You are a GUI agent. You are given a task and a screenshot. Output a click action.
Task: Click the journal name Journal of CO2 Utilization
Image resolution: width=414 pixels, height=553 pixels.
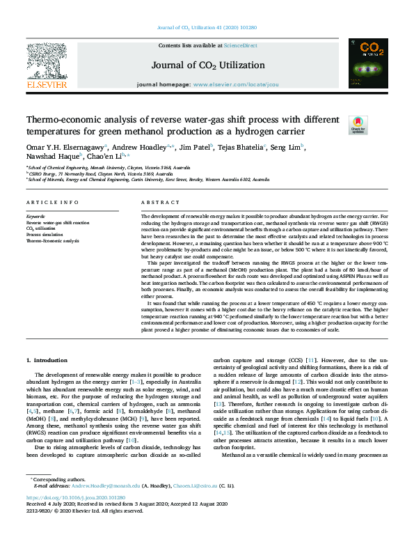click(206, 65)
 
